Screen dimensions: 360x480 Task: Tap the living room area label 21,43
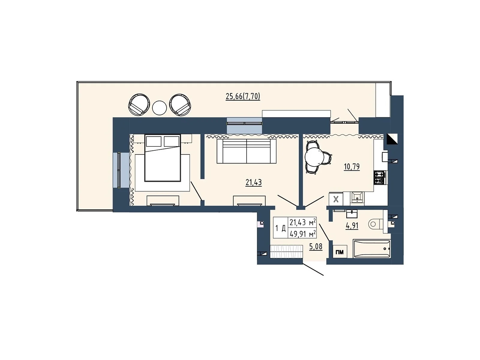click(253, 182)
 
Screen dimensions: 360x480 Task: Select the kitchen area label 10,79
click(352, 166)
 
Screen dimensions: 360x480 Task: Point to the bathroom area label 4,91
click(352, 225)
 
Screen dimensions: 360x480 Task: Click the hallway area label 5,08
click(316, 247)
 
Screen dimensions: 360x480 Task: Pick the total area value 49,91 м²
click(302, 233)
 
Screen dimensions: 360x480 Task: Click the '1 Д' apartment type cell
click(280, 228)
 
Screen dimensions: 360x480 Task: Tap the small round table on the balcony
click(159, 108)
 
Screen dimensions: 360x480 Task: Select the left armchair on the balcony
click(139, 104)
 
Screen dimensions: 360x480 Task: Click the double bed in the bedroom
click(163, 158)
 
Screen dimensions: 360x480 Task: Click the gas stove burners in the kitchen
click(380, 177)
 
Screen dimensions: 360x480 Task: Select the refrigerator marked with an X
click(336, 199)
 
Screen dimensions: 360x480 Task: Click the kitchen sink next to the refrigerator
click(357, 197)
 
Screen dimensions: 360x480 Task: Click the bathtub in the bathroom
click(372, 248)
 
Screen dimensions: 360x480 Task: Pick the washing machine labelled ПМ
click(340, 252)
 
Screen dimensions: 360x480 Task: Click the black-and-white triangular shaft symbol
click(392, 139)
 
